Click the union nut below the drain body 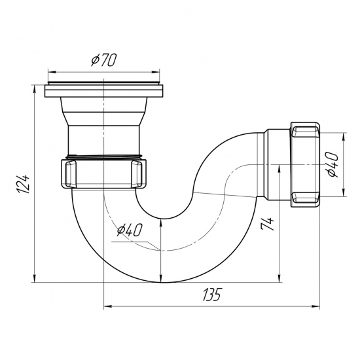click(x=104, y=173)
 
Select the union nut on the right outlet click(x=304, y=164)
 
